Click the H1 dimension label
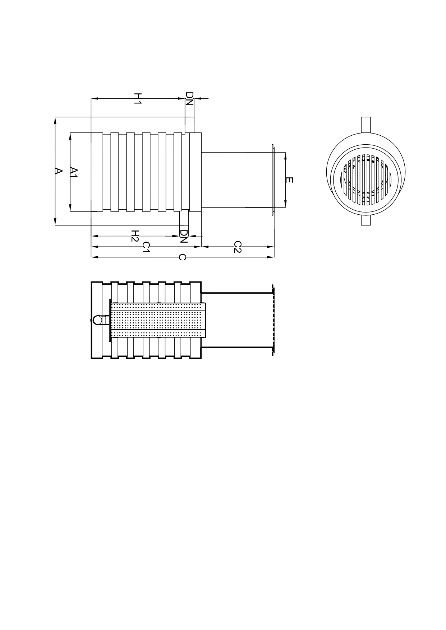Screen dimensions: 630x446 tap(138, 98)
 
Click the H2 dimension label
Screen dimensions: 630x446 tap(134, 236)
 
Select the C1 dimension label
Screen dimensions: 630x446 tap(146, 247)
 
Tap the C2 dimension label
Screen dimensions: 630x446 tap(237, 247)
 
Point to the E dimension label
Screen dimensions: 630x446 tap(288, 180)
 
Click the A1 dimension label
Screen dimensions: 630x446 tap(74, 172)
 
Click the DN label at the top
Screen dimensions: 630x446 tap(189, 98)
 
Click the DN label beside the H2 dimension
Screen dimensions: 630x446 tap(184, 236)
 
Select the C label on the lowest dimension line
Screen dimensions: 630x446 tap(182, 257)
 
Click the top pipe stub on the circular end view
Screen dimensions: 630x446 tap(365, 124)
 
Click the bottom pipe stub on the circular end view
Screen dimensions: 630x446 tap(365, 220)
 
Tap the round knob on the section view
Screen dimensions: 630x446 tap(97, 320)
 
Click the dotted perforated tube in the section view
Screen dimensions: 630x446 tap(158, 320)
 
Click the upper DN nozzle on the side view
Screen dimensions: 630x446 tap(189, 125)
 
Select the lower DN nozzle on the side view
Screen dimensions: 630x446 tap(184, 218)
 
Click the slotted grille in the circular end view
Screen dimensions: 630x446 tap(365, 179)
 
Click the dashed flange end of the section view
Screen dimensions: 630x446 tap(273, 320)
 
